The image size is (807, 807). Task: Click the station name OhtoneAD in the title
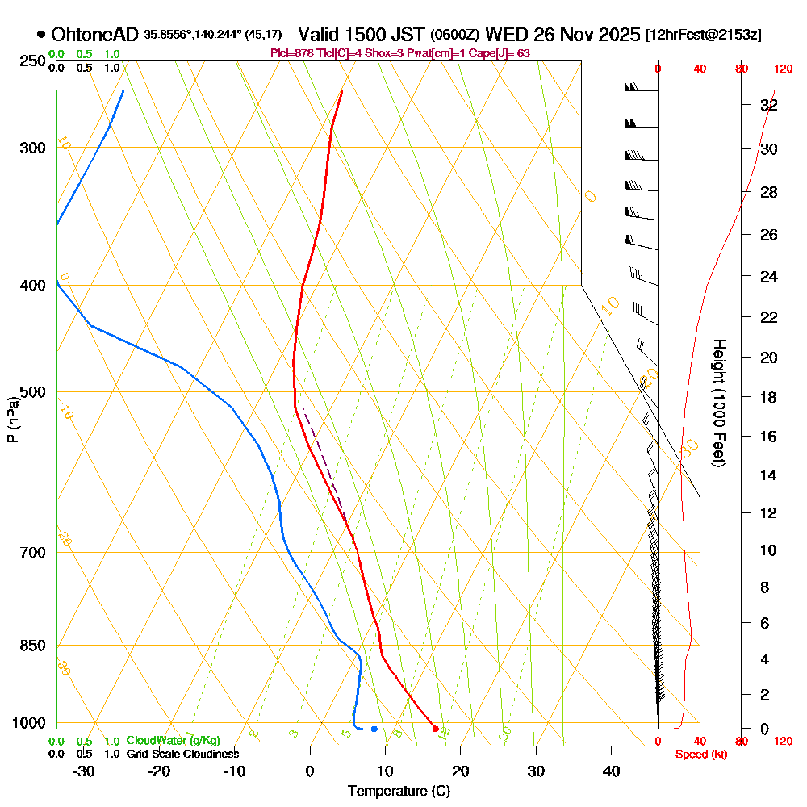pos(95,35)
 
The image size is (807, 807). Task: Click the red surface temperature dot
pos(436,729)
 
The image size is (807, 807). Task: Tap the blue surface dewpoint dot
pos(374,729)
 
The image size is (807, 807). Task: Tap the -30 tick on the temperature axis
pos(83,771)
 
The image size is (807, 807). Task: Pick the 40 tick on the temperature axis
pos(612,771)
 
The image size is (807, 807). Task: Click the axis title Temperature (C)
pos(399,792)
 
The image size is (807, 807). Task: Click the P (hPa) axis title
pos(12,420)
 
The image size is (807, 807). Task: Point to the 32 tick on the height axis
pos(769,106)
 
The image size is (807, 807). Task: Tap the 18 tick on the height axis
pos(769,397)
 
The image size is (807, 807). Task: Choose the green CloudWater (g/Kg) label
pos(173,741)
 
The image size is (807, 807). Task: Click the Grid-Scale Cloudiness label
pos(182,754)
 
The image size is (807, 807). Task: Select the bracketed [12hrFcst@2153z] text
pos(703,36)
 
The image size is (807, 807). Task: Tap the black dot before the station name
pos(40,35)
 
